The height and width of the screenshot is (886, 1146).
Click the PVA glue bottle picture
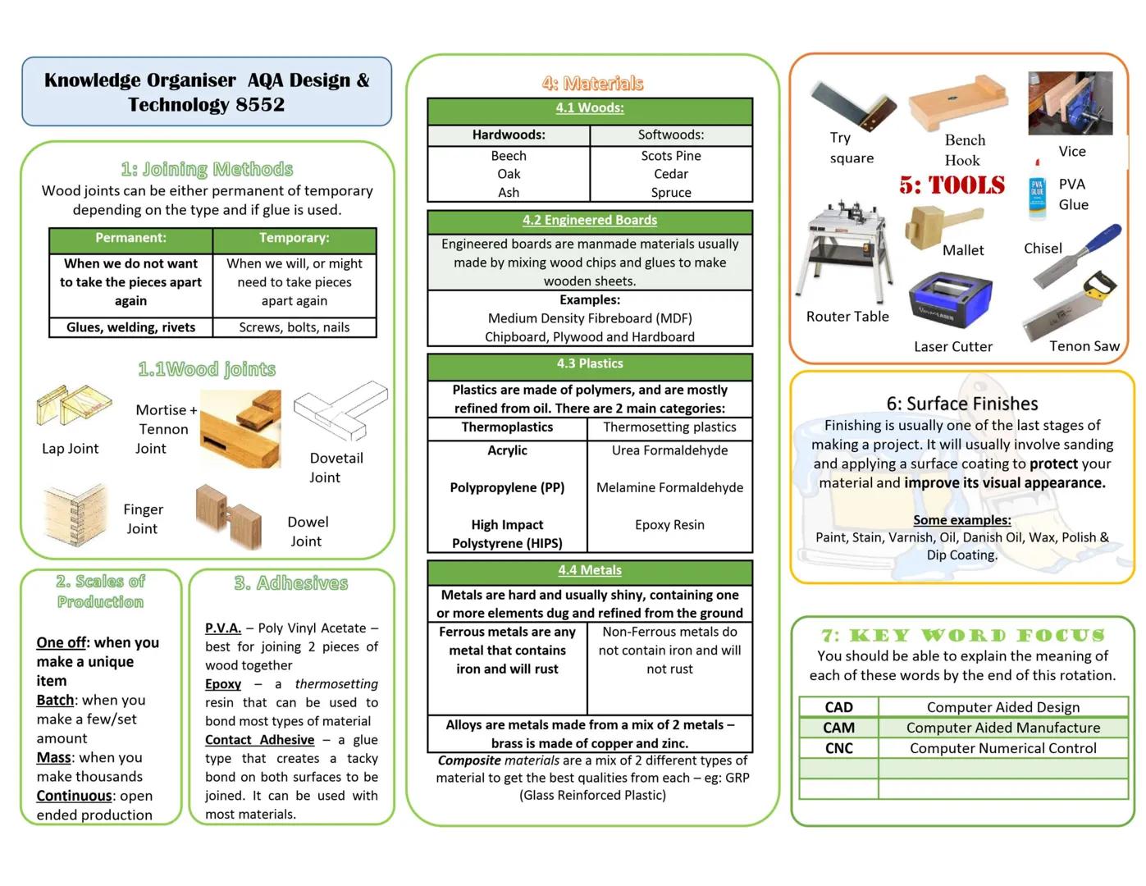coord(1037,197)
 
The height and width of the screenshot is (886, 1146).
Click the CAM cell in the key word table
coord(838,728)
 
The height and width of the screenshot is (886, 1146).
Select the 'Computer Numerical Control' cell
coord(1002,748)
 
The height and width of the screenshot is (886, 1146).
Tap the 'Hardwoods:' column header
coord(508,135)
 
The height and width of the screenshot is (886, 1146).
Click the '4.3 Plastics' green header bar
coord(589,363)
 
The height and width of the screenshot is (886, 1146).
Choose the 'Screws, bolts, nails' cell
coord(294,327)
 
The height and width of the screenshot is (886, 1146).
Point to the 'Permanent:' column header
coord(130,238)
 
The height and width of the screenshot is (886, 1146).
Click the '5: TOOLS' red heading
coord(952,185)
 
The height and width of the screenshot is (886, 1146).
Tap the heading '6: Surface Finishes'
coord(961,404)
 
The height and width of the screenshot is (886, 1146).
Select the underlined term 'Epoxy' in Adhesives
coord(222,684)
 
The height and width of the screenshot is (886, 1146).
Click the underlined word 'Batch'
coord(55,701)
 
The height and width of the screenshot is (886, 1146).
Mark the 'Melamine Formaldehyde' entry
coord(669,487)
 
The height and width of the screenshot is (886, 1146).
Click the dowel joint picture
coord(228,516)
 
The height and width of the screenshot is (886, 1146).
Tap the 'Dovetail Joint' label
coord(336,468)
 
